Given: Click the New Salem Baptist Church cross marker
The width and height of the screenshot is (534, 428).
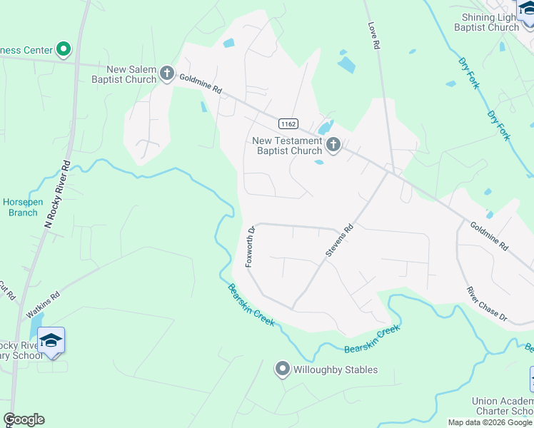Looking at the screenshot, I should click(167, 73).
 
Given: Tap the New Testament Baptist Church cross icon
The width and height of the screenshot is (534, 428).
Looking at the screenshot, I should click(333, 146).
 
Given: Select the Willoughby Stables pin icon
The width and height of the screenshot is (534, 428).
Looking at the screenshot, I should click(282, 369).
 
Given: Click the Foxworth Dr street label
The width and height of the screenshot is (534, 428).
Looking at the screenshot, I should click(250, 247).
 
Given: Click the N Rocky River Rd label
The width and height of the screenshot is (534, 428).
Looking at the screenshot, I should click(58, 194).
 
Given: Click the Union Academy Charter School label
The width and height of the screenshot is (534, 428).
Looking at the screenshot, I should click(503, 407).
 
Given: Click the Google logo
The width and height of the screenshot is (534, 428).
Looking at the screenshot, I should click(24, 419).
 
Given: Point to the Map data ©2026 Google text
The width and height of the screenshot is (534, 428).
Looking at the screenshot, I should click(490, 422).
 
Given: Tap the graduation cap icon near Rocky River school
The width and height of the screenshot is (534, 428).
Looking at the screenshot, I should click(51, 340).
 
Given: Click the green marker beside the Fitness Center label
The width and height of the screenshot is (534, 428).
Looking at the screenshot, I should click(64, 49).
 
